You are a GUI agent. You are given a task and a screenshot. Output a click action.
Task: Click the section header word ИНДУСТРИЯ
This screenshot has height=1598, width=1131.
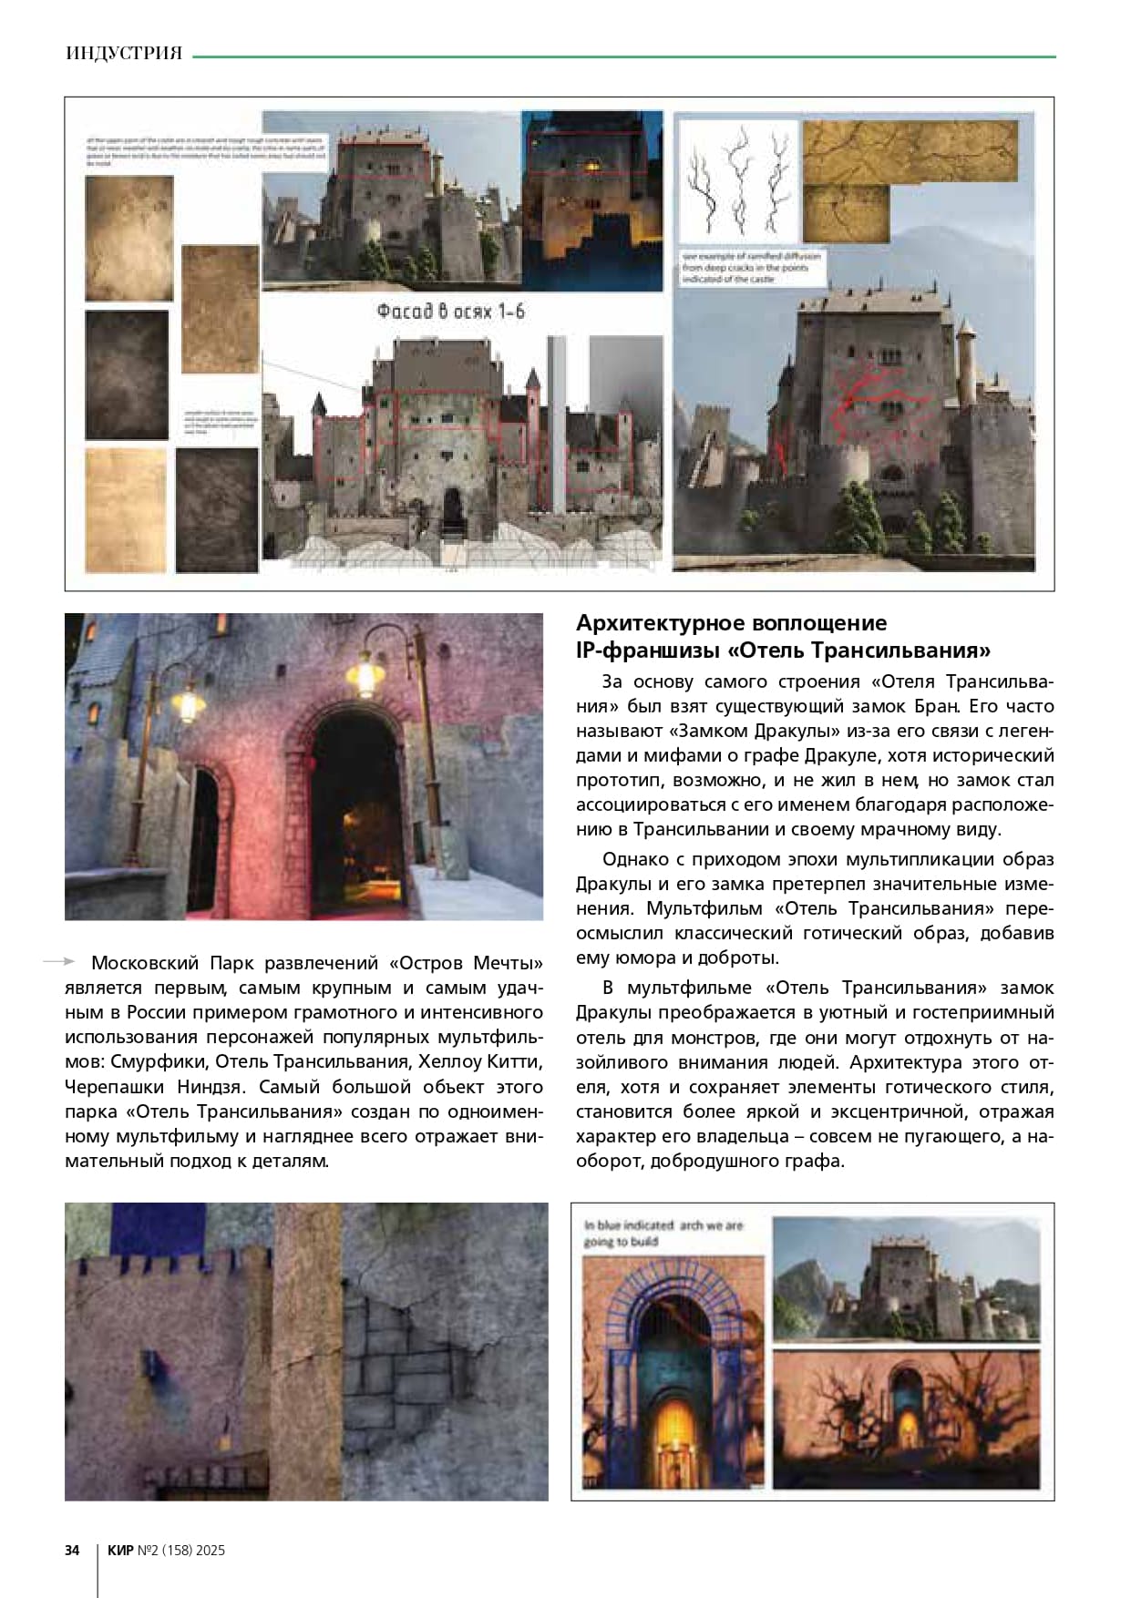pos(124,54)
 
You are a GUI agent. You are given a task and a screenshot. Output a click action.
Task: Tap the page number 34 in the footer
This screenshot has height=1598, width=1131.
pos(72,1550)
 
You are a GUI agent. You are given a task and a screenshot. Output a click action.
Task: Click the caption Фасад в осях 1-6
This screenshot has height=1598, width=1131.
pos(450,312)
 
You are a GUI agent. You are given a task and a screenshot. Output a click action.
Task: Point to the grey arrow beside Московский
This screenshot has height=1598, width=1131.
pos(58,961)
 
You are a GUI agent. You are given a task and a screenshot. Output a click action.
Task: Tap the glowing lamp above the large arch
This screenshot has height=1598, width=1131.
pos(363,675)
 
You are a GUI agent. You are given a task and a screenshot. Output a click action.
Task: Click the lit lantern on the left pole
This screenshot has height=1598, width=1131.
pos(186,704)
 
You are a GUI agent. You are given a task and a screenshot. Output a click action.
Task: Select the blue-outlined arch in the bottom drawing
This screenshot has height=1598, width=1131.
pos(673,1357)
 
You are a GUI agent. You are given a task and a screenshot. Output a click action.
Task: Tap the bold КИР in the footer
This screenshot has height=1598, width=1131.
pos(120,1550)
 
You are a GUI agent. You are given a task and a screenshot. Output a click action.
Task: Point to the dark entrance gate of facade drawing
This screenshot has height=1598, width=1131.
pos(453,510)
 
